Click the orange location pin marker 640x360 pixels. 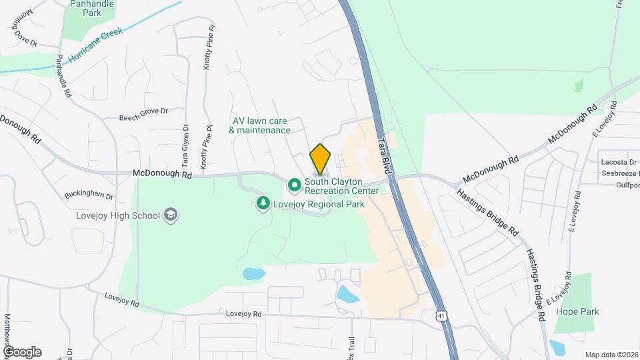(321, 159)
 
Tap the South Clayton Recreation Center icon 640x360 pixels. (294, 183)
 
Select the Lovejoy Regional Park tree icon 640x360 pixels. (264, 203)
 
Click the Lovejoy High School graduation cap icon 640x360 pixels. (171, 215)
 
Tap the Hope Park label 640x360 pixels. (577, 311)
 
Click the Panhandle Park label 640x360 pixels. (92, 9)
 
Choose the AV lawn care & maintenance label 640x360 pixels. (259, 125)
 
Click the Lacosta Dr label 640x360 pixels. (619, 162)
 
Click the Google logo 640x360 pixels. (22, 351)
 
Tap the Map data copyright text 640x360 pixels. (611, 355)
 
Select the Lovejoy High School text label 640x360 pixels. (117, 215)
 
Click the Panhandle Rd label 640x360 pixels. (64, 76)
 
